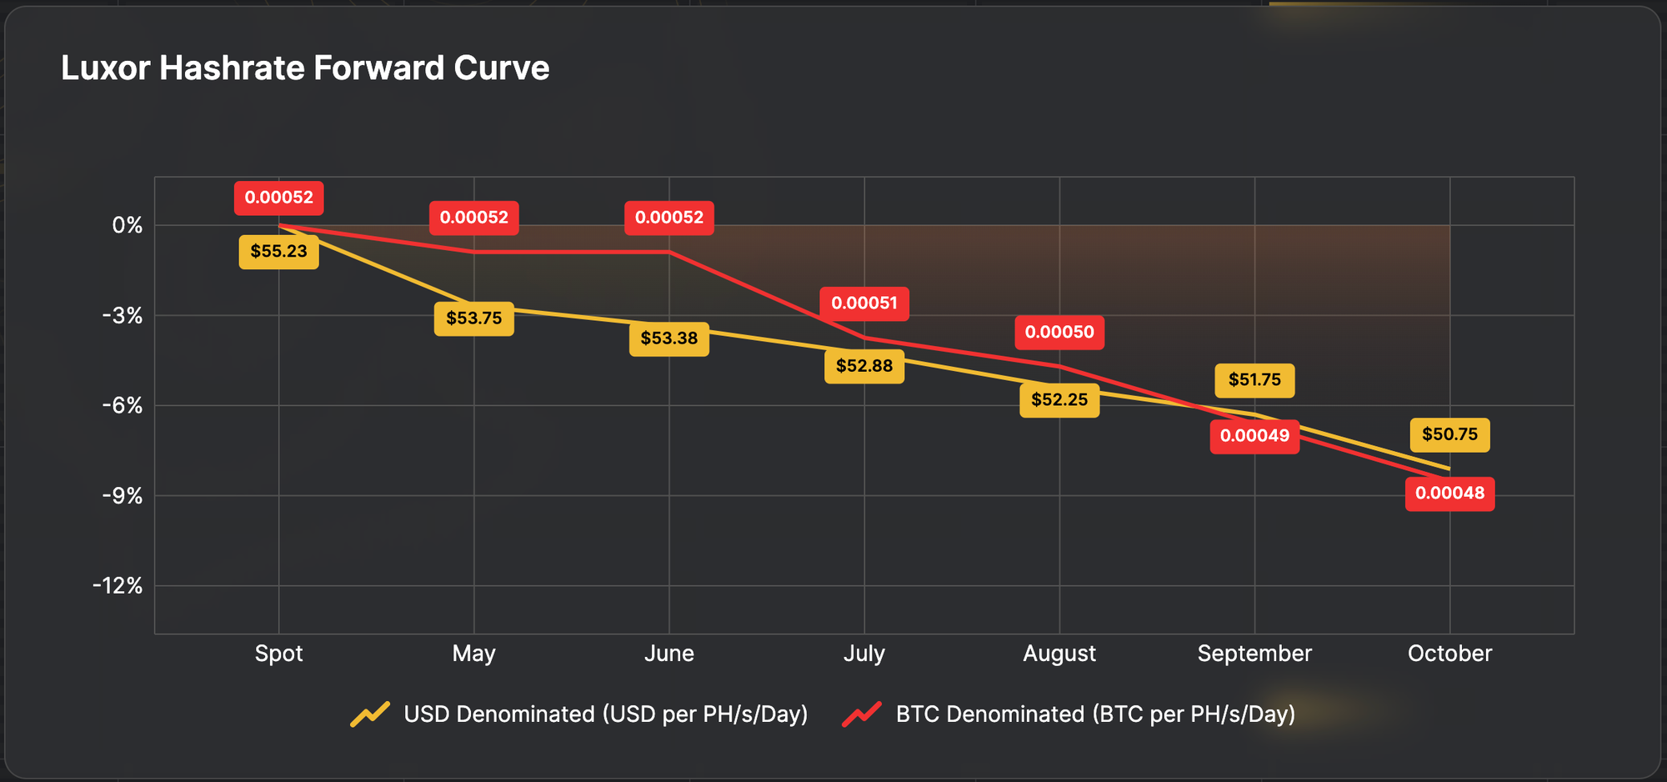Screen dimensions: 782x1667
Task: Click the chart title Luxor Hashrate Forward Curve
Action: tap(305, 68)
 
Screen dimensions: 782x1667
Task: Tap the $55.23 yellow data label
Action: tap(278, 251)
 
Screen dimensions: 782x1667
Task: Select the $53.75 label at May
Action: tap(473, 318)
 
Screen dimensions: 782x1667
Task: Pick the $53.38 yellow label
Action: tap(668, 338)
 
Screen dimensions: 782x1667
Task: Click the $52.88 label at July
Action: tap(864, 366)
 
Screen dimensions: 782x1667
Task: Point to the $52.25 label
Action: tap(1059, 400)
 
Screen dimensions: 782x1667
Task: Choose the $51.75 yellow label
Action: tap(1254, 380)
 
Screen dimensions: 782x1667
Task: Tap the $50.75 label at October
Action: tap(1449, 434)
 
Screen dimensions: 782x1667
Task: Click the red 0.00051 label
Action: tap(864, 303)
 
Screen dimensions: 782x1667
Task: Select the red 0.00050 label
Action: tap(1059, 333)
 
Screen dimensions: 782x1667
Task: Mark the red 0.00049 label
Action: tap(1254, 436)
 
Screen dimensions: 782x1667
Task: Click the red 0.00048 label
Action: tap(1449, 494)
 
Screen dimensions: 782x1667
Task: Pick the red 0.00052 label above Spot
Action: tap(278, 198)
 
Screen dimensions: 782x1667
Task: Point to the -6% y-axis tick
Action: tap(123, 406)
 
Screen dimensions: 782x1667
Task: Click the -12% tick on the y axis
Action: tap(118, 586)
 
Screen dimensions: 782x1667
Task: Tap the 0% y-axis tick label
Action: tap(128, 225)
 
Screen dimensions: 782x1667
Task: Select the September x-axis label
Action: tap(1254, 654)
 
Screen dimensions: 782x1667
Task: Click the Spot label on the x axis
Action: tap(278, 654)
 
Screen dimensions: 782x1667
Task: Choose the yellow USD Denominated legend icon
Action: tap(370, 714)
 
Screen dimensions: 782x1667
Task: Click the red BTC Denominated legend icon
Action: tap(862, 714)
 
